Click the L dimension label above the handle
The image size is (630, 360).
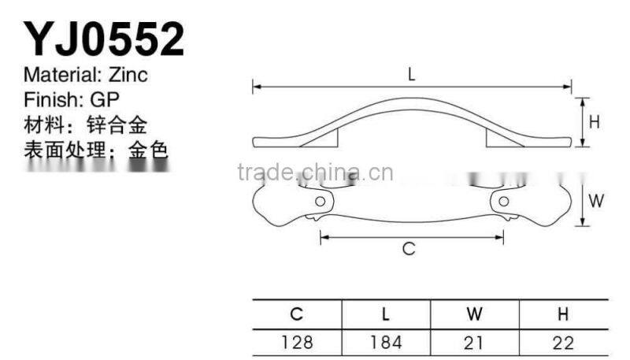412,75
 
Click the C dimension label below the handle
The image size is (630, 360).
409,249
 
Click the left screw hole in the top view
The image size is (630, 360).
319,202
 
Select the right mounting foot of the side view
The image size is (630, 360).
499,139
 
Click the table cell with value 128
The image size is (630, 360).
297,342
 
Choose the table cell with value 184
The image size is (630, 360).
386,342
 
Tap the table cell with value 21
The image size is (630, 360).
474,342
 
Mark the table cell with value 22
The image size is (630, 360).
563,342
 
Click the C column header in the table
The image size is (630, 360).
297,314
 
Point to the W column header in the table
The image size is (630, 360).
474,314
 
